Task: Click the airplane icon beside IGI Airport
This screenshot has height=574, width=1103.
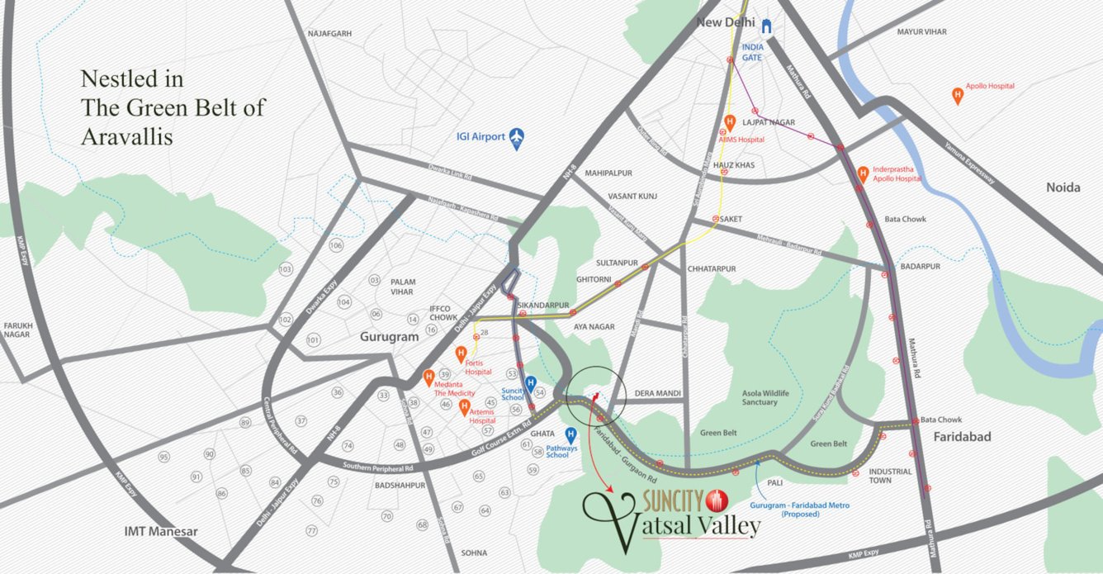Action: tap(517, 136)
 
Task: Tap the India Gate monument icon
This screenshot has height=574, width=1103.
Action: tap(767, 26)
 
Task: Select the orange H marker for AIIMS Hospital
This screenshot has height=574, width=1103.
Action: tap(729, 122)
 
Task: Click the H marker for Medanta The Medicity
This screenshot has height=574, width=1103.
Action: tap(428, 377)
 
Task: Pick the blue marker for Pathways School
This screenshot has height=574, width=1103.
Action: tap(570, 434)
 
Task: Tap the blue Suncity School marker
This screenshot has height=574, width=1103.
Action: tap(531, 383)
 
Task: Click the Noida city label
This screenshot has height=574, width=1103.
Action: tap(1063, 187)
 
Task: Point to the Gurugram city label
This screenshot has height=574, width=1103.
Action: tap(389, 337)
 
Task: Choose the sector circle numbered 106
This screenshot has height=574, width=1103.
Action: tap(335, 246)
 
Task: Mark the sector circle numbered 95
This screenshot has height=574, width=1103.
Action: tap(164, 457)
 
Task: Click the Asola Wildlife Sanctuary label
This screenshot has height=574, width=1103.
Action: tap(759, 397)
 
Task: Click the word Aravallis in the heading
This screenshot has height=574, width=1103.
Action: tap(126, 137)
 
